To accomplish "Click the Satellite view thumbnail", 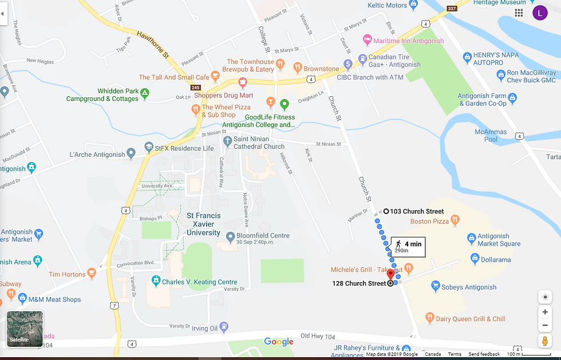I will click(25, 329).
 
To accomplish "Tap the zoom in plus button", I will click(545, 312).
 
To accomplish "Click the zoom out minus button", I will click(545, 325).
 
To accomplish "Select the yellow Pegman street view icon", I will click(545, 341).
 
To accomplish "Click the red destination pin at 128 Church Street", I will click(391, 275).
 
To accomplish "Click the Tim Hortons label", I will click(66, 275).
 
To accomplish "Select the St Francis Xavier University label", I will click(203, 224).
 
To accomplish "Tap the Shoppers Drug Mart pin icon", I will click(243, 83).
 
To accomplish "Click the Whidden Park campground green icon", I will click(145, 92).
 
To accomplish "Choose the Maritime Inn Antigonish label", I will click(408, 41).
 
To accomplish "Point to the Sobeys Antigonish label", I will click(471, 287).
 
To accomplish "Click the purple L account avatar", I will click(540, 13).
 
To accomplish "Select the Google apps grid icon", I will click(519, 13).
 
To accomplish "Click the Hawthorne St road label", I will click(152, 45).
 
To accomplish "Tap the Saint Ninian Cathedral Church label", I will click(259, 143).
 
